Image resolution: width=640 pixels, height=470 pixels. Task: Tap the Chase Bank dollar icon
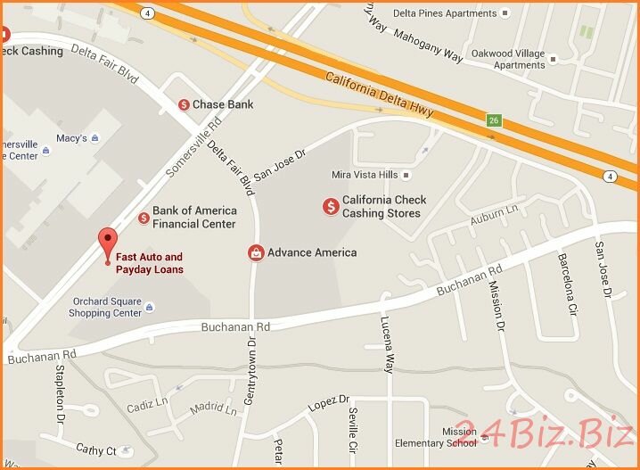[185, 104]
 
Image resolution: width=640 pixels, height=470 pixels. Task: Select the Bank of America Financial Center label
[193, 218]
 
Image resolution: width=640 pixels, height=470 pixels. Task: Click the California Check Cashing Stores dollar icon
[331, 207]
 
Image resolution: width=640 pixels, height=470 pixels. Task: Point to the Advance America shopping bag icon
[257, 252]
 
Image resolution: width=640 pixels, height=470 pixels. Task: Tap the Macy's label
[71, 138]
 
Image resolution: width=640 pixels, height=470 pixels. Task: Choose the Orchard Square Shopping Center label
[105, 307]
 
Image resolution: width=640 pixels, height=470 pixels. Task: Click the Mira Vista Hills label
[363, 175]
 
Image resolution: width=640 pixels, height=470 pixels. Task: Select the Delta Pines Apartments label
[457, 13]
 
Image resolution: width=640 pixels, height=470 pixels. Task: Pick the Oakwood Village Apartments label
[506, 59]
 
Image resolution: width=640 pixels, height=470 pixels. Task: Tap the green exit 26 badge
[492, 120]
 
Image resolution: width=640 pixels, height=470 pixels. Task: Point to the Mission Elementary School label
[447, 437]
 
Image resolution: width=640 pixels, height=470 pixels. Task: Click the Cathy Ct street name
[95, 450]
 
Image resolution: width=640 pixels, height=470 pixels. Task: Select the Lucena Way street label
[387, 344]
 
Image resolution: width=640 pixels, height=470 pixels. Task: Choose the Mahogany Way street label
[430, 45]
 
